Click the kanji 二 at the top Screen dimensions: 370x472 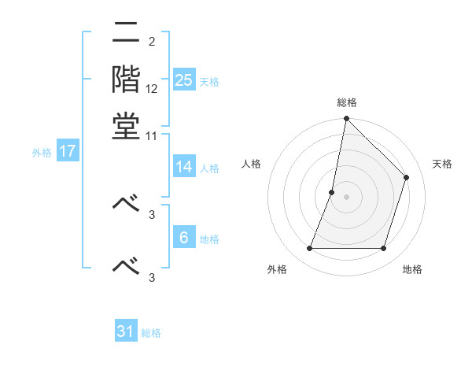[126, 34]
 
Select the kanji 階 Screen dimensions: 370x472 [126, 80]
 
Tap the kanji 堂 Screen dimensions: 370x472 [126, 126]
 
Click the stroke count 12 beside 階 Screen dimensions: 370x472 [152, 89]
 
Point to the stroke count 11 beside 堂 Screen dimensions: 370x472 [152, 135]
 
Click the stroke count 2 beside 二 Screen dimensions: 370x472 [151, 42]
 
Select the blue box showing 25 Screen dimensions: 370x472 [184, 80]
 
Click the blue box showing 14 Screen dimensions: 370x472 [184, 167]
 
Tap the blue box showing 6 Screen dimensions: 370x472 [184, 238]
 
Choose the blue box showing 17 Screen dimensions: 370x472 [68, 151]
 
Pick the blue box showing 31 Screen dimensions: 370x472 [126, 331]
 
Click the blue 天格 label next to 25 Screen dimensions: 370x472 [209, 82]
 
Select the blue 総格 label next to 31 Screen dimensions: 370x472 [151, 333]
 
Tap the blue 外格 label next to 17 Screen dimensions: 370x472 [42, 153]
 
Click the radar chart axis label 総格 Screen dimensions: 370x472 [346, 102]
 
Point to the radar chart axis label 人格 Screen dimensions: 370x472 [251, 164]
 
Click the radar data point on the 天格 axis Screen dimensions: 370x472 [407, 177]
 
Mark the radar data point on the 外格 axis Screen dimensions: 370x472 [309, 249]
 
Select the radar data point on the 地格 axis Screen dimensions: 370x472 [384, 249]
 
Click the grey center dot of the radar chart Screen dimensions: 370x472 [346, 197]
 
